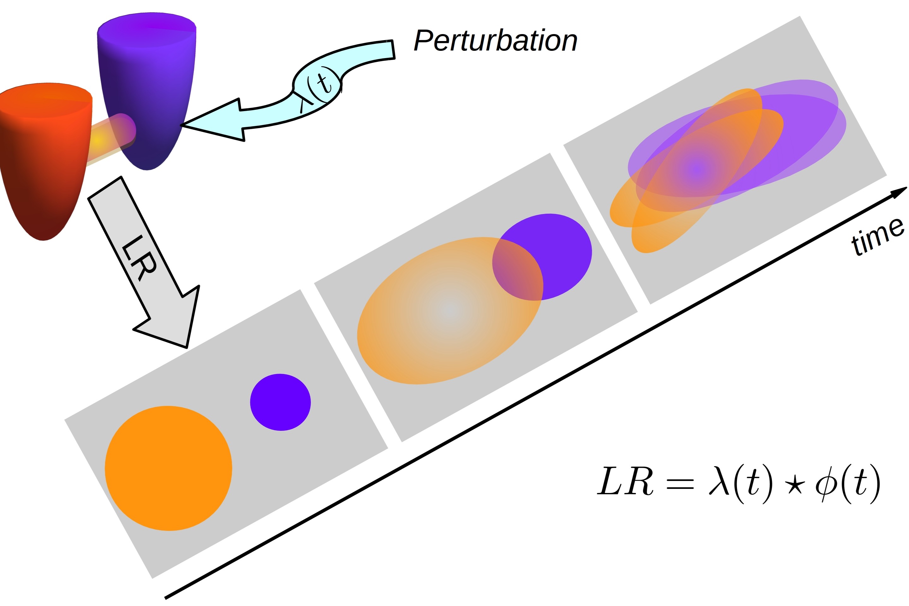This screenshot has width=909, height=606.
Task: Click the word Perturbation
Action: [x=495, y=41]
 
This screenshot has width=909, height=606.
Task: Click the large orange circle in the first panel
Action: [x=168, y=468]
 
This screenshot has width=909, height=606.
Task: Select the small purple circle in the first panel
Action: [x=280, y=402]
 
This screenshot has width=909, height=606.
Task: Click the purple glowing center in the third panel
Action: [x=696, y=169]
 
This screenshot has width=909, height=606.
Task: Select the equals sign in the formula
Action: [x=680, y=483]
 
